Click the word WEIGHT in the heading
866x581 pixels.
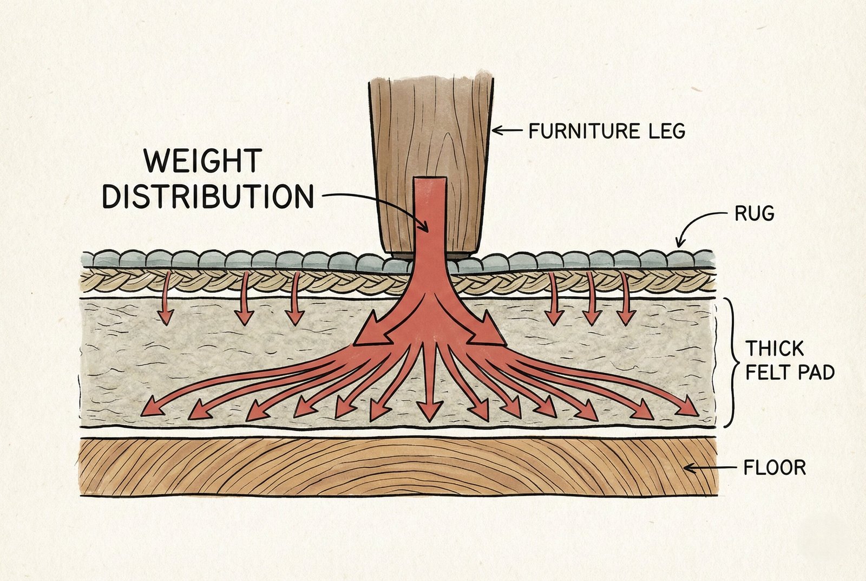click(x=204, y=161)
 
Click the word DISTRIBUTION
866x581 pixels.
click(x=208, y=196)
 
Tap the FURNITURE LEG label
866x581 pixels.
click(x=607, y=131)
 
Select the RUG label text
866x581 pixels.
click(x=754, y=214)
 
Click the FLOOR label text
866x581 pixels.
click(x=775, y=467)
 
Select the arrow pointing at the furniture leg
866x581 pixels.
click(x=507, y=130)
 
